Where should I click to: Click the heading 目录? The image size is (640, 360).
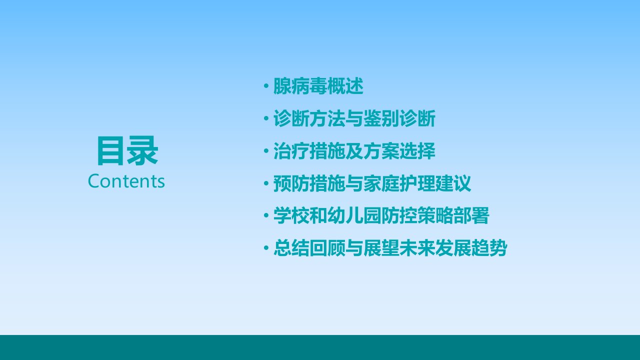click(x=127, y=150)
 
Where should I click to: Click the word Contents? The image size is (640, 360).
click(x=126, y=181)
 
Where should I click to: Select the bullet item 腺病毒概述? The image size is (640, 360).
click(x=318, y=86)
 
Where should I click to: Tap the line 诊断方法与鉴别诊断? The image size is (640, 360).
click(x=354, y=118)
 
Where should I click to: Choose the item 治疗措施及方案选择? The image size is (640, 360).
click(x=354, y=151)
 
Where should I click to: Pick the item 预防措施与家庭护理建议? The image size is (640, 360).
click(x=372, y=183)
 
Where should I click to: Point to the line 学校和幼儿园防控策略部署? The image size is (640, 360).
click(x=381, y=215)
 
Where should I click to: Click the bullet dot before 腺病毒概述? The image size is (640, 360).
click(x=266, y=86)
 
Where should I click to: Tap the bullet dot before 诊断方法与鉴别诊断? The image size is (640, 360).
click(x=266, y=118)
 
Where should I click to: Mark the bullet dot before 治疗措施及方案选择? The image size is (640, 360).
click(x=266, y=150)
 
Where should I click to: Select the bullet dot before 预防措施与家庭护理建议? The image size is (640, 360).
click(x=266, y=183)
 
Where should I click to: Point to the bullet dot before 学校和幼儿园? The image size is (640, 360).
click(x=266, y=215)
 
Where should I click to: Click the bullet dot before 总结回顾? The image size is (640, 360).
click(x=266, y=247)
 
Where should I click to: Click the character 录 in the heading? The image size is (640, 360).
click(x=142, y=150)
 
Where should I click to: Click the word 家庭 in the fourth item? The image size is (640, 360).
click(x=381, y=183)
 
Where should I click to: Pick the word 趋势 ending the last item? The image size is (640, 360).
click(x=489, y=247)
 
